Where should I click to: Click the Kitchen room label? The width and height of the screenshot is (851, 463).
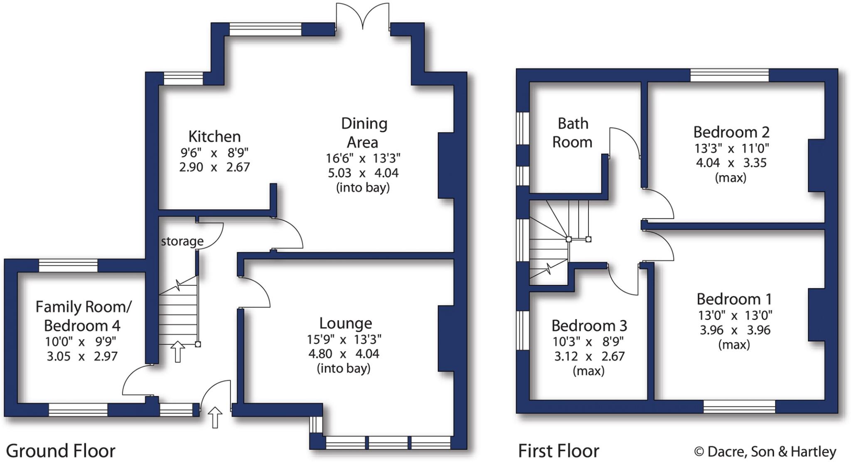pyautogui.click(x=214, y=136)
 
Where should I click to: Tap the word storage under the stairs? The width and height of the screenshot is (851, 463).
pyautogui.click(x=182, y=241)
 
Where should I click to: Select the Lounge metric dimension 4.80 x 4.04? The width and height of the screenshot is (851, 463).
pyautogui.click(x=344, y=354)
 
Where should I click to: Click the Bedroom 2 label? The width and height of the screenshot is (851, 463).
pyautogui.click(x=731, y=132)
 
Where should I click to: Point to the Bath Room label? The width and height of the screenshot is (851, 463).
pyautogui.click(x=573, y=132)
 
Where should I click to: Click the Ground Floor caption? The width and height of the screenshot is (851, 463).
pyautogui.click(x=61, y=451)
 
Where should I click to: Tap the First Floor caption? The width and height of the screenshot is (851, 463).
pyautogui.click(x=558, y=451)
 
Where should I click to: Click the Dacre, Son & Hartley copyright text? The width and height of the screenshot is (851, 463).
pyautogui.click(x=765, y=452)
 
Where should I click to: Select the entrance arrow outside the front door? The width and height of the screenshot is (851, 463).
pyautogui.click(x=215, y=417)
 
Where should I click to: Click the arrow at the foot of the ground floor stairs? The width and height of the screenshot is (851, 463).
pyautogui.click(x=178, y=351)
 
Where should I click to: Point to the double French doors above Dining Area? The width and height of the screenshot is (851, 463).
pyautogui.click(x=363, y=17)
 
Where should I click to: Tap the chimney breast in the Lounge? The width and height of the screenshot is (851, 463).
pyautogui.click(x=445, y=338)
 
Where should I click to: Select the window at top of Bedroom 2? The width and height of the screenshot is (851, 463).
pyautogui.click(x=729, y=76)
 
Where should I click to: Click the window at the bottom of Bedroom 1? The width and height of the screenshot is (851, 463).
pyautogui.click(x=739, y=407)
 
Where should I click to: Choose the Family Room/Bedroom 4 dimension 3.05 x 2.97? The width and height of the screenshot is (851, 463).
pyautogui.click(x=82, y=356)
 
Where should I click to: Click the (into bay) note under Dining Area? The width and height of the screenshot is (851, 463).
pyautogui.click(x=363, y=188)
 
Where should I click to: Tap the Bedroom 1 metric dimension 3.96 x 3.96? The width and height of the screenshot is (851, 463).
pyautogui.click(x=735, y=330)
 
